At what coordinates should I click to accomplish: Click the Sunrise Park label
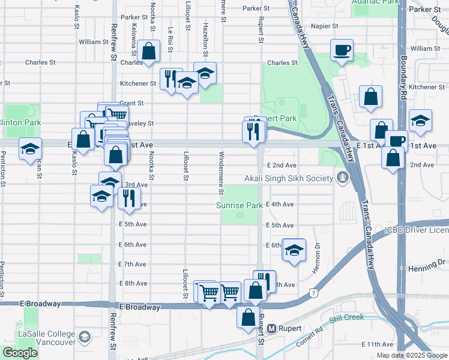coord(240,205)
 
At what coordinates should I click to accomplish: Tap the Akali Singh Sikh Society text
coord(288,179)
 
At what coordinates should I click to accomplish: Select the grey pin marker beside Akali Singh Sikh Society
coord(342,178)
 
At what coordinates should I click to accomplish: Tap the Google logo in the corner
coord(20,353)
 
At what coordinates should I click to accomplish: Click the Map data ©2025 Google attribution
coord(412,355)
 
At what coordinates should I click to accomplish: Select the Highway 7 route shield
coord(313,293)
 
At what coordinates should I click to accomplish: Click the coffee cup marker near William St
coord(342,50)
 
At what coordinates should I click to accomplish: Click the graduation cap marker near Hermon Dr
coord(294,250)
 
